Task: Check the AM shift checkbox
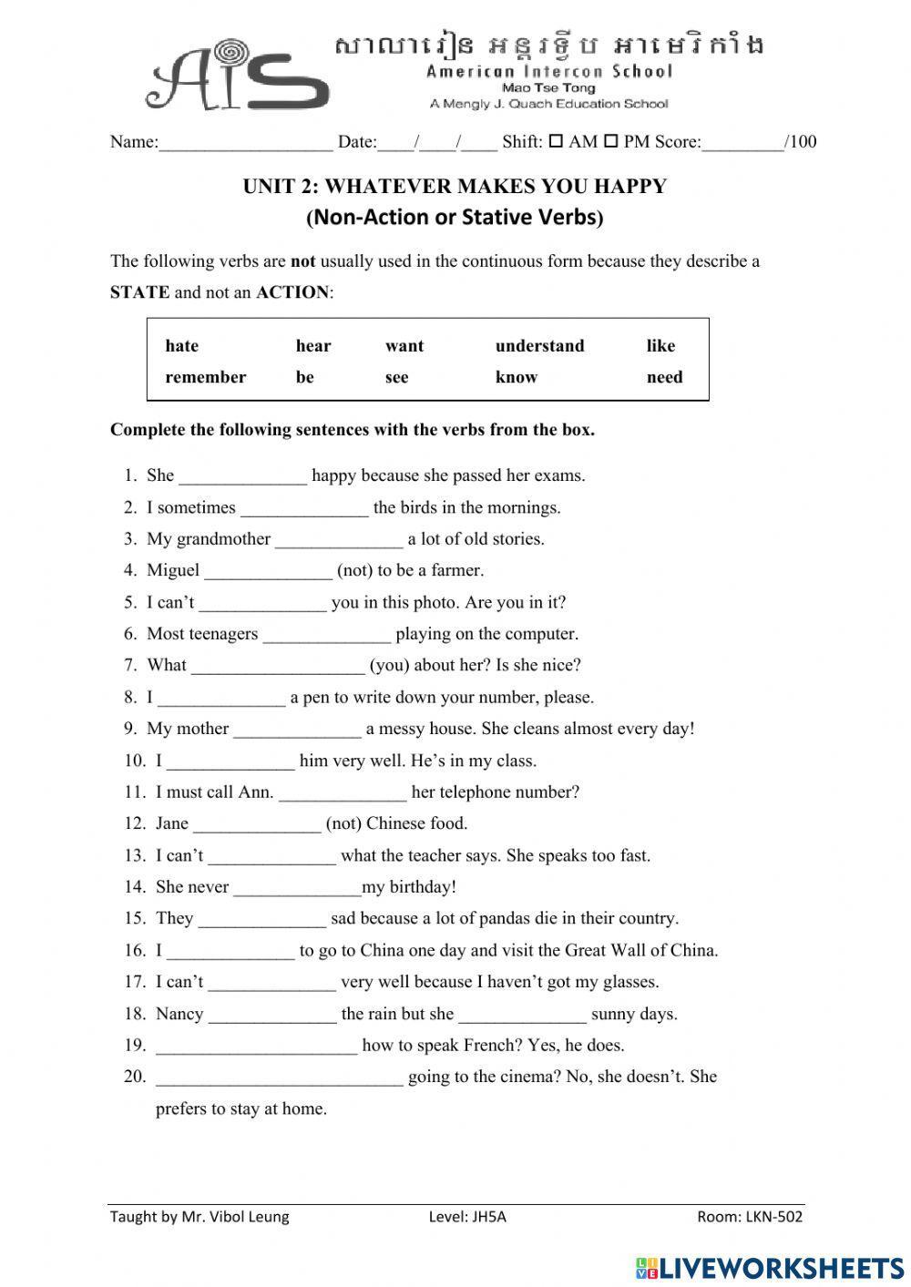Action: click(555, 141)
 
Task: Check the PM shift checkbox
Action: click(611, 141)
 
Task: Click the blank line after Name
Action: click(246, 144)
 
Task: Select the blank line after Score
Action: click(742, 144)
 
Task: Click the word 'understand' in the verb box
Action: click(539, 346)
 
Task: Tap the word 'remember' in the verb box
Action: click(205, 377)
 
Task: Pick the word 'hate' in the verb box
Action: click(181, 346)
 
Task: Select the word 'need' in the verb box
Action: click(664, 377)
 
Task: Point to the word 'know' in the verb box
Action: click(516, 377)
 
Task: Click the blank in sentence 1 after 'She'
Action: click(243, 477)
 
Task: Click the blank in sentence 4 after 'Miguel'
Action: click(268, 573)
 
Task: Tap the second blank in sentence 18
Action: click(522, 1016)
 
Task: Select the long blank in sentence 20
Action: click(279, 1079)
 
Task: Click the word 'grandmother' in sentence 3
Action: click(223, 539)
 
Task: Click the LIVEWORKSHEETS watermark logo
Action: click(770, 1268)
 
